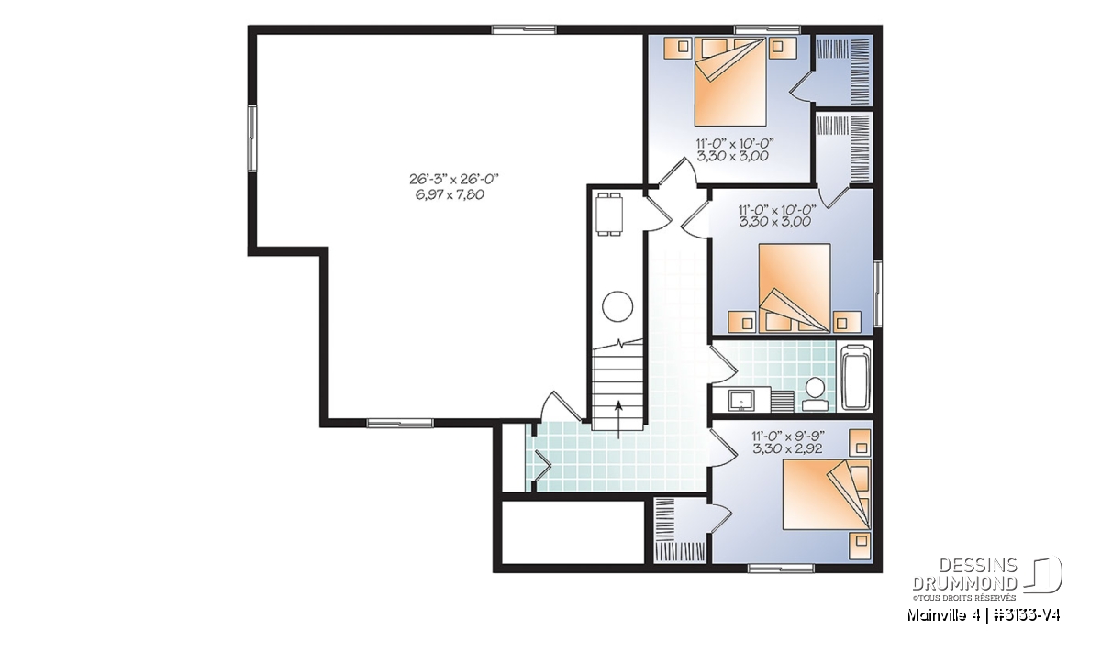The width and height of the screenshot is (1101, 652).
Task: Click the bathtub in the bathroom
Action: click(856, 377)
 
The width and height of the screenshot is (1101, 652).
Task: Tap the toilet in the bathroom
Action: click(815, 393)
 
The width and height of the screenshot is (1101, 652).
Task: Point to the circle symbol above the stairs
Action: click(617, 306)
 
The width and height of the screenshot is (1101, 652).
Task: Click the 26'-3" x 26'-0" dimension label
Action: click(454, 178)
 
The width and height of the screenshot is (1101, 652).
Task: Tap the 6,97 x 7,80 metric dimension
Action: click(450, 194)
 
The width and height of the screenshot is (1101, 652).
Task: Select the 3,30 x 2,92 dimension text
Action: click(787, 448)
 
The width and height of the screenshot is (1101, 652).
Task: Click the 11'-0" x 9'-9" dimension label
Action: click(788, 436)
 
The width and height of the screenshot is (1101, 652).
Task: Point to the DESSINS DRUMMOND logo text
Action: click(965, 574)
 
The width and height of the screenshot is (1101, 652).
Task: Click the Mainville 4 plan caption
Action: click(983, 615)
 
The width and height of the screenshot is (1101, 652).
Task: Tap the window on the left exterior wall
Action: click(251, 138)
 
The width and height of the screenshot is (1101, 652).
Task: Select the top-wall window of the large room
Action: click(524, 29)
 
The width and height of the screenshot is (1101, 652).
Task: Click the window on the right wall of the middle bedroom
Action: click(877, 293)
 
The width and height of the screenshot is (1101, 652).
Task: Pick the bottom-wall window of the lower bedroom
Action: click(781, 569)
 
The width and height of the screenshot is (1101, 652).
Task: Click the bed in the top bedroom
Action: click(730, 82)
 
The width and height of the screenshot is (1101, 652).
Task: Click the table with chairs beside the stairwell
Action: click(609, 215)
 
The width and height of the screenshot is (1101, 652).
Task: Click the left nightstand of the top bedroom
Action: click(679, 48)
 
